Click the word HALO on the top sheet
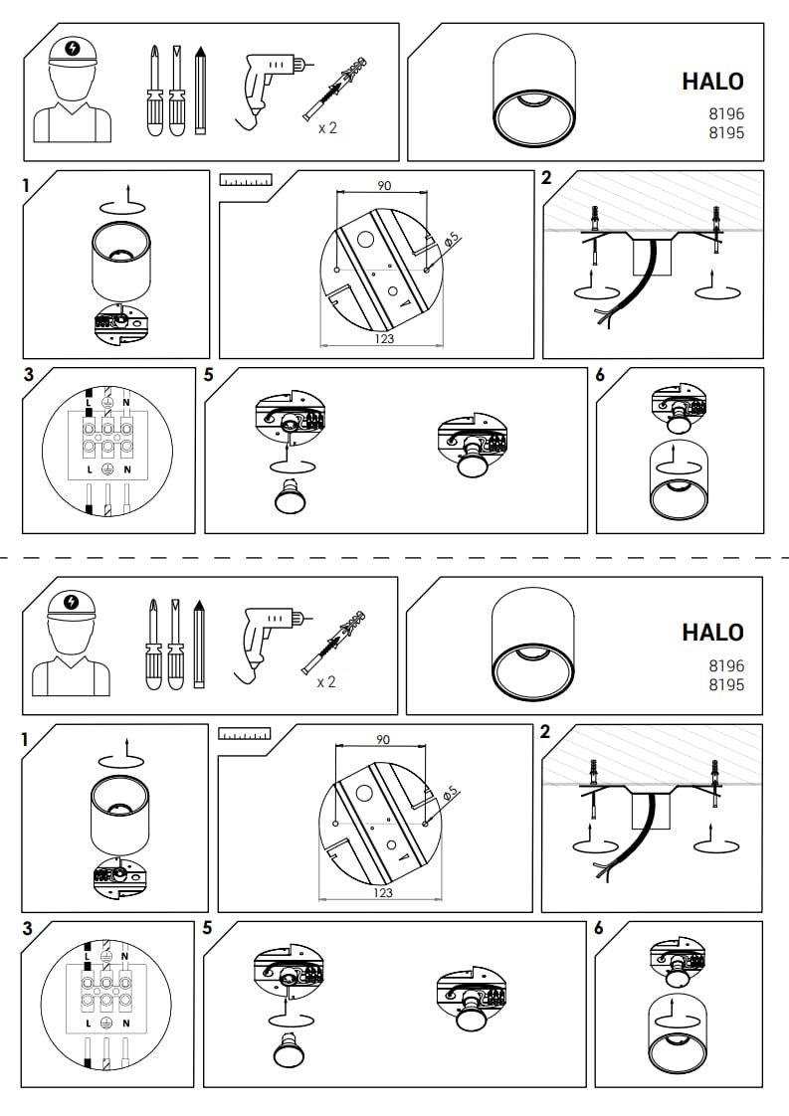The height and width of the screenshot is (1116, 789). pyautogui.click(x=712, y=82)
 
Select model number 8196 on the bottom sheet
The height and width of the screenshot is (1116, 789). pyautogui.click(x=726, y=665)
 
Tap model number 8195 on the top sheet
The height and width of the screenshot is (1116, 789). pyautogui.click(x=726, y=132)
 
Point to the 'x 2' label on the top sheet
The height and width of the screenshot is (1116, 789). pyautogui.click(x=327, y=128)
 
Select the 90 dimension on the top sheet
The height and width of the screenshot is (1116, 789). pyautogui.click(x=384, y=186)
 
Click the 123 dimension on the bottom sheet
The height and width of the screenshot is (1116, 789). pyautogui.click(x=383, y=892)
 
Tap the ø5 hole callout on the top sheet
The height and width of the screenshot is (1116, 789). pyautogui.click(x=452, y=240)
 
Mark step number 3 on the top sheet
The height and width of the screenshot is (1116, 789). pyautogui.click(x=29, y=375)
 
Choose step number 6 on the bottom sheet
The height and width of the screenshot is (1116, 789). pyautogui.click(x=599, y=928)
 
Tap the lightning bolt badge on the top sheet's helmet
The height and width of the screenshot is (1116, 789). pyautogui.click(x=72, y=49)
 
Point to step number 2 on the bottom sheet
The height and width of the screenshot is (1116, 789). pyautogui.click(x=545, y=732)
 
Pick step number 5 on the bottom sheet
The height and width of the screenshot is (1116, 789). pyautogui.click(x=207, y=928)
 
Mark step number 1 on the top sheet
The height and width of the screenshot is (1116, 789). pyautogui.click(x=26, y=186)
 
